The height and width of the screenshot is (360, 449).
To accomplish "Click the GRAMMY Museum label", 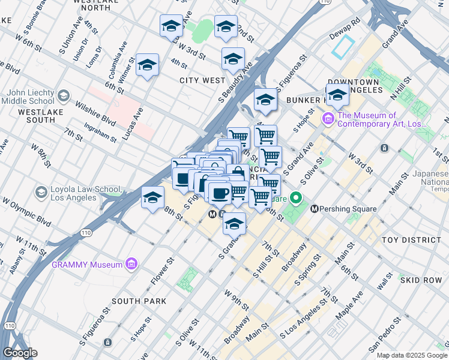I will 86,265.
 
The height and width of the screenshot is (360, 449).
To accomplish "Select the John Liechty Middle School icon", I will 63,95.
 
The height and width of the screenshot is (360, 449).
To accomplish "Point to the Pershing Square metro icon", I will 314,209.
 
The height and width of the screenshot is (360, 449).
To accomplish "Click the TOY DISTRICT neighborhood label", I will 411,240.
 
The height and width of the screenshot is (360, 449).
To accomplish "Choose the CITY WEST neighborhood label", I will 202,80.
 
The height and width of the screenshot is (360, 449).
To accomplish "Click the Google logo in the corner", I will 20,353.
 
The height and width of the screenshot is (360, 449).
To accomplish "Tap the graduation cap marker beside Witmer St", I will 147,65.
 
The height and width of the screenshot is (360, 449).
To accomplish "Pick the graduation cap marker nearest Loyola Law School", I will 153,197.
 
